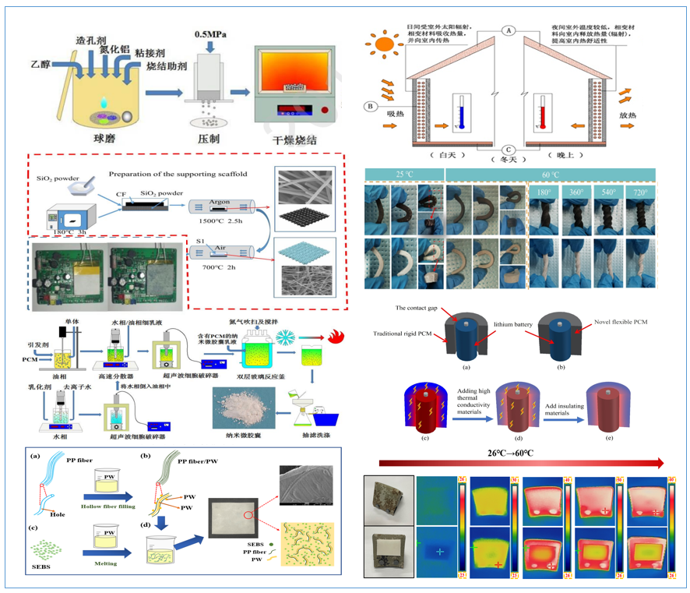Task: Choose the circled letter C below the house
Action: click(x=508, y=150)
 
